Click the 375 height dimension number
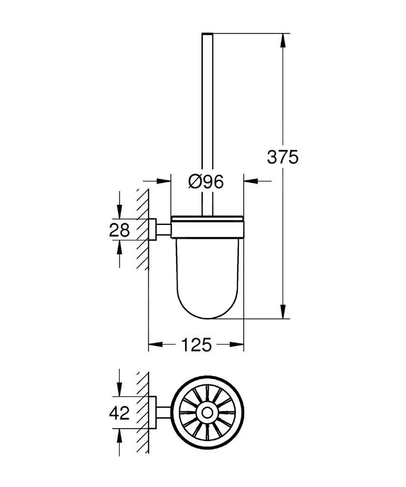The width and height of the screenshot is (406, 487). tap(282, 157)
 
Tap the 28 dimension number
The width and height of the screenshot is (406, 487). tap(119, 230)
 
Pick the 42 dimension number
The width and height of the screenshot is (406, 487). tap(119, 413)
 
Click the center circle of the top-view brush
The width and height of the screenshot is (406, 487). tap(207, 413)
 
